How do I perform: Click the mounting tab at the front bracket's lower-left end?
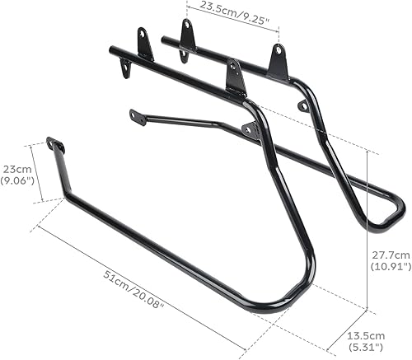pos(55,146)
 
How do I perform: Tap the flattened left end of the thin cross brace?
pos(137,117)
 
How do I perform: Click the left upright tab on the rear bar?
pos(188,36)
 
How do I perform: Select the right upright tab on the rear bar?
pos(278,63)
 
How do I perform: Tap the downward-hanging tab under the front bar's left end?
pos(125,69)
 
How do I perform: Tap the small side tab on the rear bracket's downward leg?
pos(303,106)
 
